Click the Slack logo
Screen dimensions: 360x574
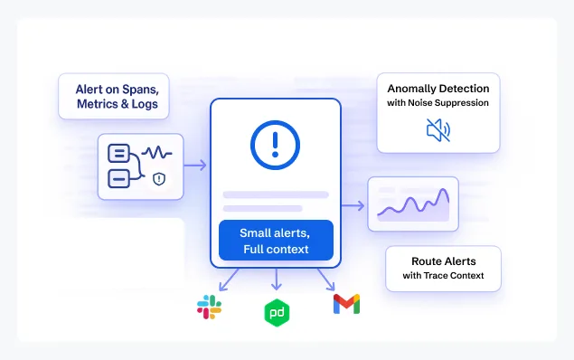click(x=210, y=307)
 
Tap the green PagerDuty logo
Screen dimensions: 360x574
click(x=276, y=312)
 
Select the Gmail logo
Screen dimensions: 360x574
click(x=346, y=304)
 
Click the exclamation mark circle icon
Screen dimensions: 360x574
click(x=275, y=144)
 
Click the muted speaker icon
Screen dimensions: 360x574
click(x=438, y=131)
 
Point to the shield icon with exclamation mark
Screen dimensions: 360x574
click(x=159, y=179)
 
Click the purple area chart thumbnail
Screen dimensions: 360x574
click(x=413, y=204)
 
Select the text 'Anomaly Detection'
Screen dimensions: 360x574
click(x=438, y=89)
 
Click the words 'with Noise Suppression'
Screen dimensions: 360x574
click(x=438, y=103)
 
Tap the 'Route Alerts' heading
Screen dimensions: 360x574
click(x=444, y=261)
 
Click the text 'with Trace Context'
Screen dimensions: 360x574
click(x=444, y=276)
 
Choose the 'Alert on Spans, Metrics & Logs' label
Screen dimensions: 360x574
click(x=113, y=97)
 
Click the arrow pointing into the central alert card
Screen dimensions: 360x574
click(x=195, y=166)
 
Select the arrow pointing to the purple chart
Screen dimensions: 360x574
click(x=353, y=205)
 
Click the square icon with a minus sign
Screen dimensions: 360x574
click(x=118, y=178)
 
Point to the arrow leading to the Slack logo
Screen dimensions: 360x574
click(x=228, y=279)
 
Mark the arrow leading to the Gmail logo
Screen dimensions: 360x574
click(x=325, y=279)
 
